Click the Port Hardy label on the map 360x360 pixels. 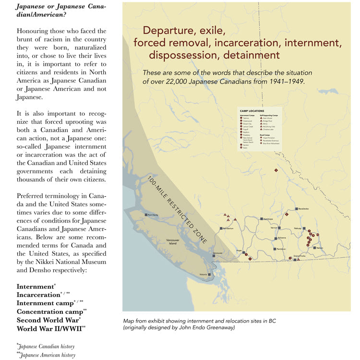coord(153,215)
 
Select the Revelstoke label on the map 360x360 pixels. coord(304,209)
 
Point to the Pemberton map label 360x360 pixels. coord(228,228)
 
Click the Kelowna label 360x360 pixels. coord(282,238)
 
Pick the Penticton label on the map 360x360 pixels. coord(281,249)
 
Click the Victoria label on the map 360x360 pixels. coord(204,275)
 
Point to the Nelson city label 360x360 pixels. coord(320,248)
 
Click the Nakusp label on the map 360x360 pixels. coord(298,228)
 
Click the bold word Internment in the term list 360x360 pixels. coord(35,287)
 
